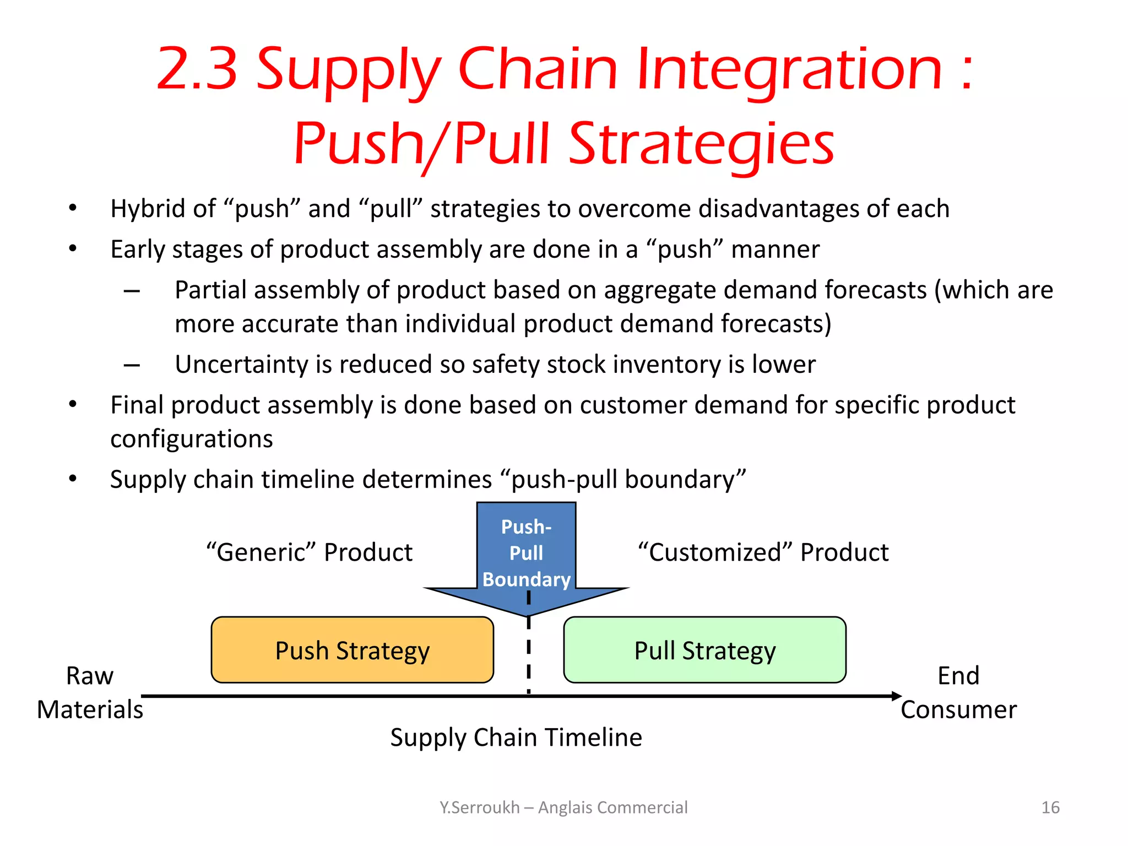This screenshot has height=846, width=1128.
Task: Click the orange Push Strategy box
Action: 352,650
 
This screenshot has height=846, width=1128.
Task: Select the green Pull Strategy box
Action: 704,650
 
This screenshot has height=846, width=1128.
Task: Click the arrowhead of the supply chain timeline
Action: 896,696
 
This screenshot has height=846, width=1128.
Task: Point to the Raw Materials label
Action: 90,692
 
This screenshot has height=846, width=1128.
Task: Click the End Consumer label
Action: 958,692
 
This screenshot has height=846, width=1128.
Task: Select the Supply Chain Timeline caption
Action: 516,737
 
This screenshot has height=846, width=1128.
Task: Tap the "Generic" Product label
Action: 309,552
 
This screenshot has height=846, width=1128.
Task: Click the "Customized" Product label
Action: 763,552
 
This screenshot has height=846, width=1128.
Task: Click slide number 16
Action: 1050,807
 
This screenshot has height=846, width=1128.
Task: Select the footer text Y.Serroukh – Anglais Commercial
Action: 563,807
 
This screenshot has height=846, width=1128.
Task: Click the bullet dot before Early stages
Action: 73,249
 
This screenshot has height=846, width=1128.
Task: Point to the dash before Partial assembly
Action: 132,291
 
